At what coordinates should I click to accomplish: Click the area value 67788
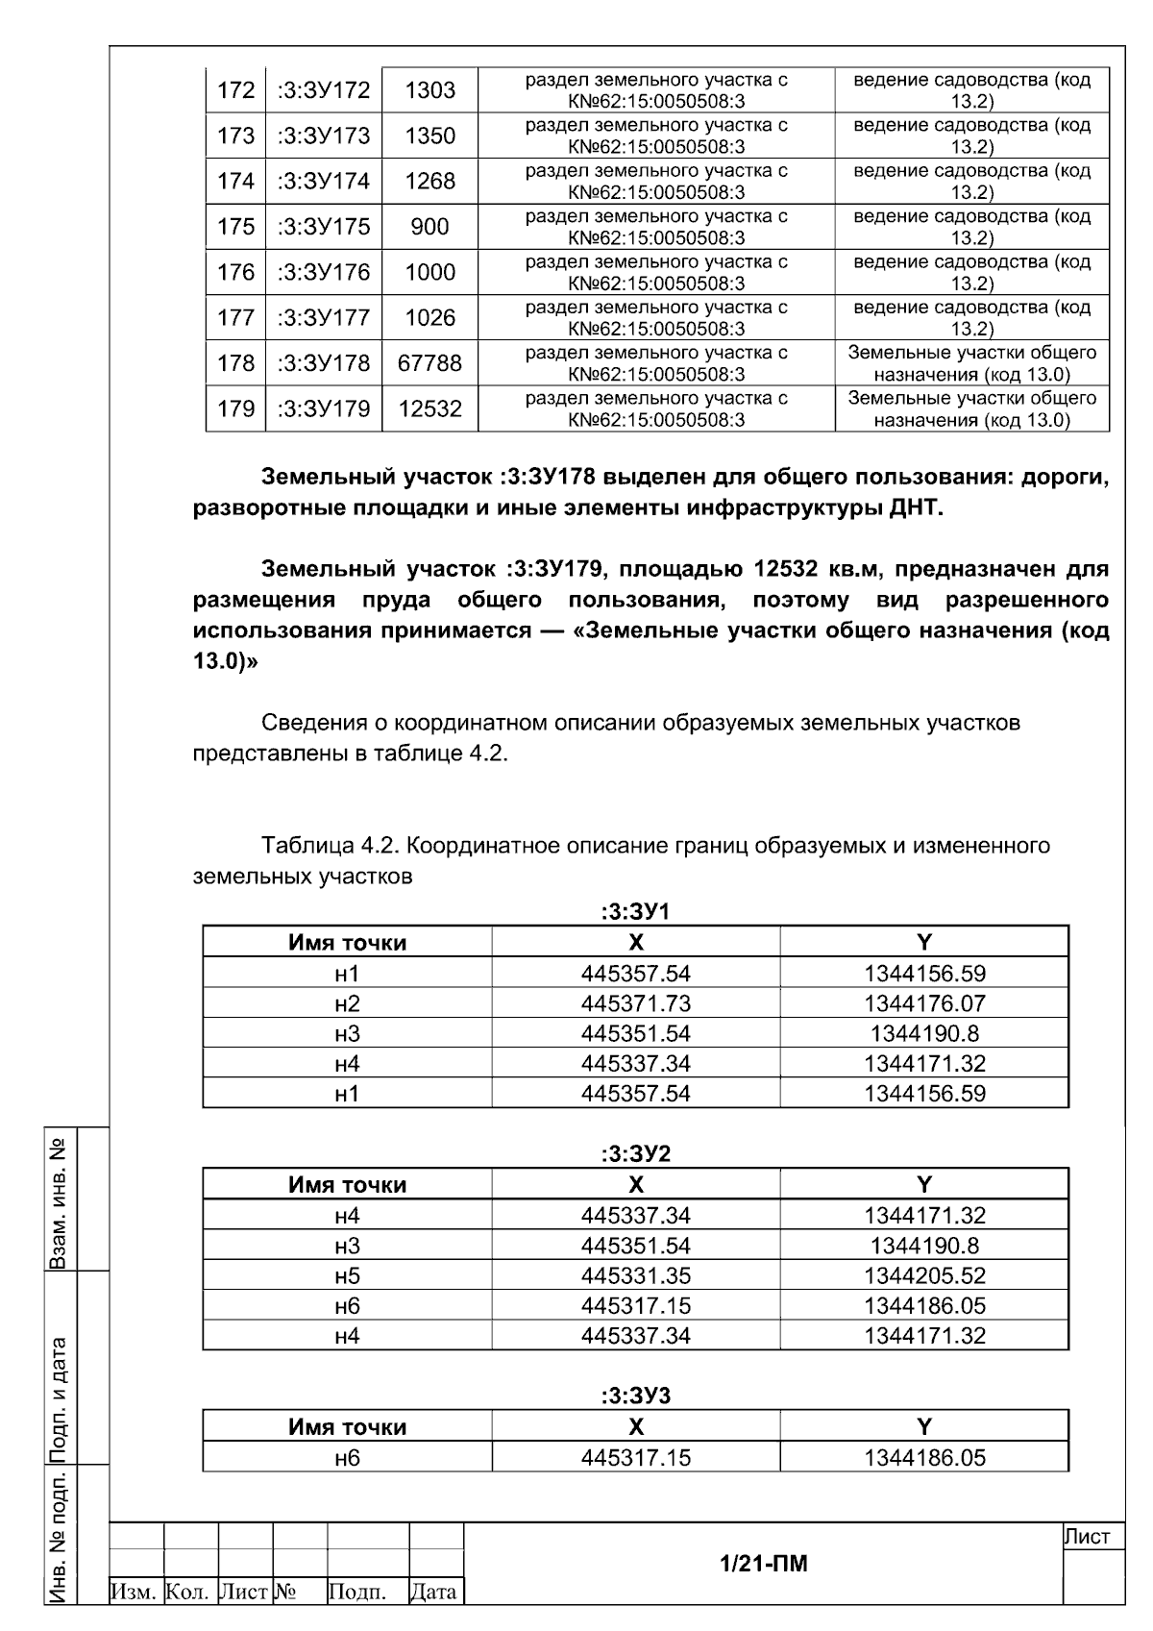429,363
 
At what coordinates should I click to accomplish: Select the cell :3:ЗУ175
324,227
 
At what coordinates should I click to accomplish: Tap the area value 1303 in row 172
429,90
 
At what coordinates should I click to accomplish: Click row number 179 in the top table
235,409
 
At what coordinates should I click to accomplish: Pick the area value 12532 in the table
429,409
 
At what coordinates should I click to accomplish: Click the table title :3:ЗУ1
635,912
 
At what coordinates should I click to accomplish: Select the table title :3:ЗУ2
635,1154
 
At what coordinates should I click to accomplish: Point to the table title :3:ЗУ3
635,1396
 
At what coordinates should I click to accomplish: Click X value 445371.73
635,1003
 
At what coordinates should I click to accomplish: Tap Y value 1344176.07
924,1003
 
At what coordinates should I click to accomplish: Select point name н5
347,1276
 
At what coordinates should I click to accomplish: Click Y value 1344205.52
924,1276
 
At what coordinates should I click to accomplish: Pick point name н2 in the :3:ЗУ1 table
347,1003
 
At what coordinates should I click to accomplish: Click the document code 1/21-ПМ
764,1564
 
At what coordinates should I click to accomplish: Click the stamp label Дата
436,1593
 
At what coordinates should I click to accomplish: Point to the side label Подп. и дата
60,1368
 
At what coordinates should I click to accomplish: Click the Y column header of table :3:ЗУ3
924,1427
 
